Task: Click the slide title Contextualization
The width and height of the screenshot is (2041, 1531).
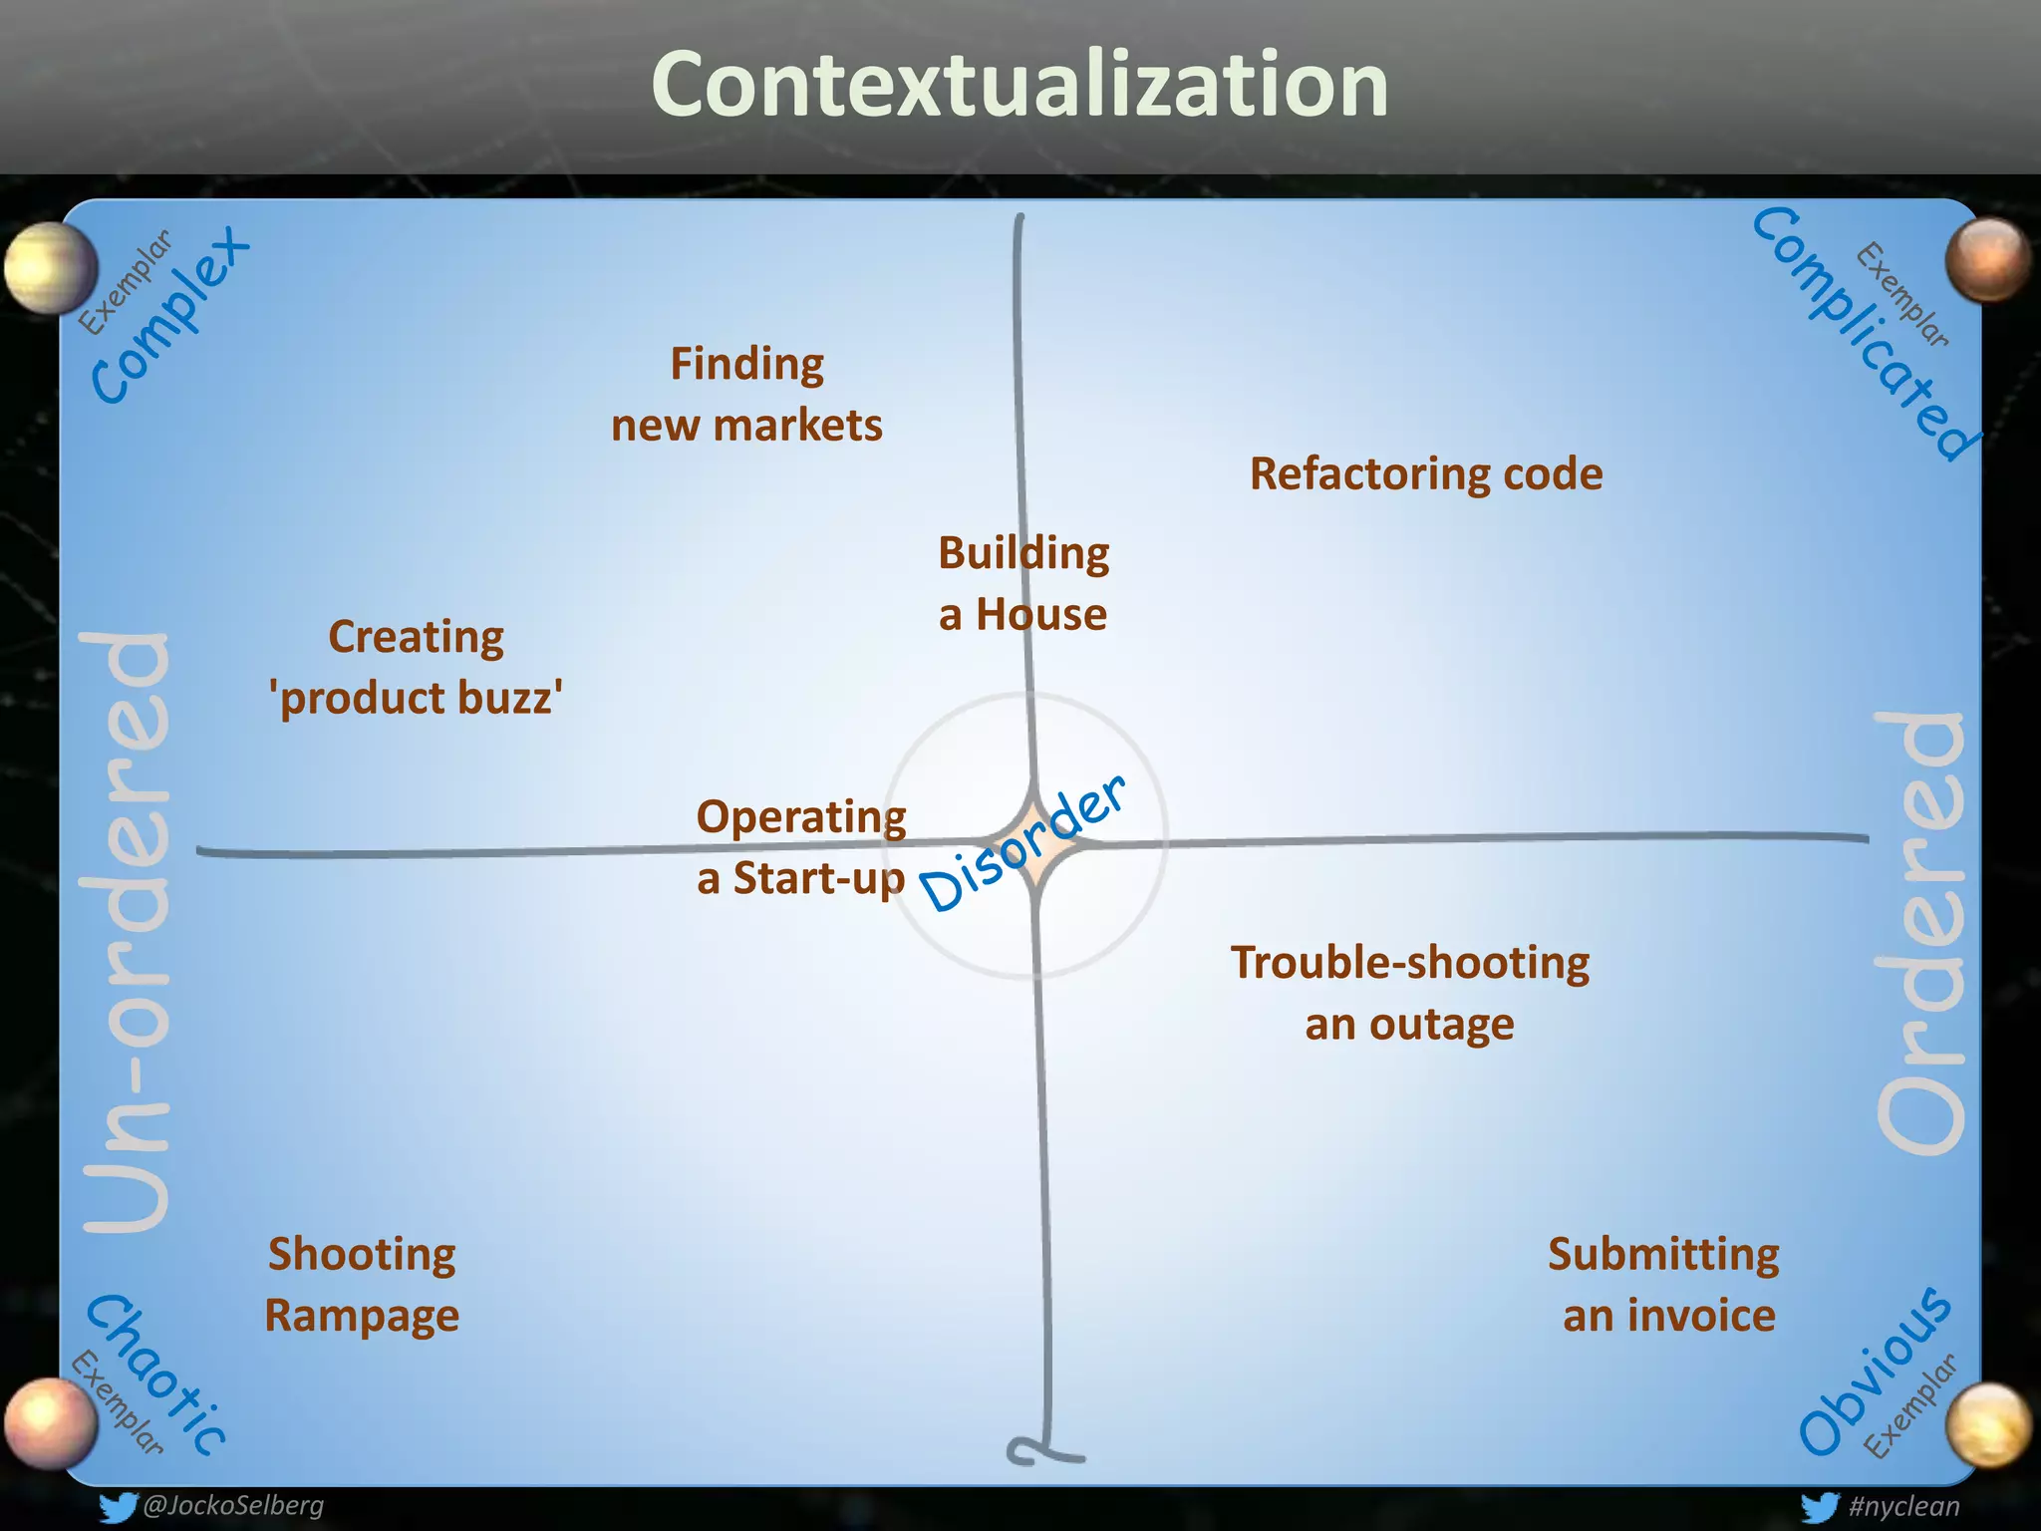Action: [x=1020, y=86]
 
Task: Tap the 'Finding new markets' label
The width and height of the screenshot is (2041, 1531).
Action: [x=746, y=395]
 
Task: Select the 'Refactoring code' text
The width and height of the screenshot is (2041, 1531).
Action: [x=1426, y=474]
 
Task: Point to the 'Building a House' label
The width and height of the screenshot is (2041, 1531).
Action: [x=1023, y=584]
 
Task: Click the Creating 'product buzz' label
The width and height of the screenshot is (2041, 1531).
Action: [x=417, y=667]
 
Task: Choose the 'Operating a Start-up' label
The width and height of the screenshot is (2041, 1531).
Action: [x=801, y=847]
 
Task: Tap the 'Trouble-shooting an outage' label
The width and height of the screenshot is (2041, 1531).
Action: [x=1409, y=993]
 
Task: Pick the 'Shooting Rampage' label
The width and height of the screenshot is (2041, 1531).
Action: [x=362, y=1284]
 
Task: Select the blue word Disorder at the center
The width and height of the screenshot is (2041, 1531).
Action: [x=1021, y=845]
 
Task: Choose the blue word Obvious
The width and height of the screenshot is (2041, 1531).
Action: [x=1874, y=1372]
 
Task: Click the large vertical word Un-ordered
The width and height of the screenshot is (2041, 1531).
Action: [x=128, y=931]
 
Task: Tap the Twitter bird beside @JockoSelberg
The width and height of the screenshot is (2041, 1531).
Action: [x=117, y=1506]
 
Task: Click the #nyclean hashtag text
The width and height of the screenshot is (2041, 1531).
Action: [x=1902, y=1506]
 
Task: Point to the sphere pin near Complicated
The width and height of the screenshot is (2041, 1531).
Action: [x=1987, y=259]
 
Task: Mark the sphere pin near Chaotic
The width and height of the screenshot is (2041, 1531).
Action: [x=50, y=1421]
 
